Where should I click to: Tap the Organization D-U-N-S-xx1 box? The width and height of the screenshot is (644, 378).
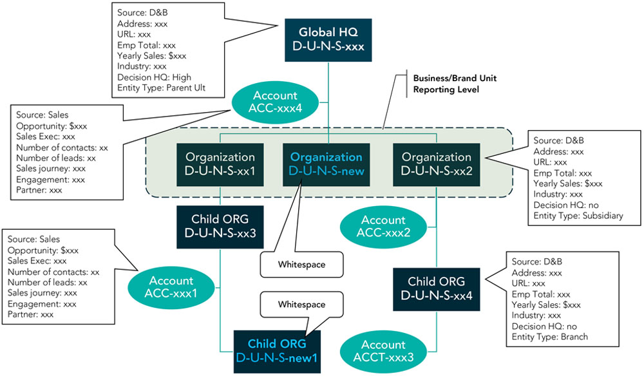pos(220,164)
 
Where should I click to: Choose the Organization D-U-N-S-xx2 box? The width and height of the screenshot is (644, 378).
pos(436,164)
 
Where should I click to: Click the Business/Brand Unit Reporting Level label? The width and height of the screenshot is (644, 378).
pos(454,84)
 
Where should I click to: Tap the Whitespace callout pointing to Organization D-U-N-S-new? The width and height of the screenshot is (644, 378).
pos(301,264)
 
